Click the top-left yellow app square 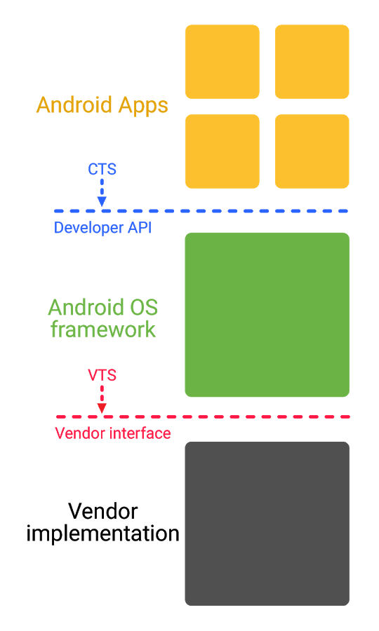click(x=222, y=62)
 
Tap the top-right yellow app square click(x=312, y=62)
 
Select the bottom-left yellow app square click(x=222, y=151)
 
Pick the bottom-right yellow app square click(x=312, y=151)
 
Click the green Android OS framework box click(x=267, y=315)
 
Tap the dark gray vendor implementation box click(x=267, y=524)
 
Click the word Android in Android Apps click(x=74, y=105)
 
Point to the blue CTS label click(x=102, y=169)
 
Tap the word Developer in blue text click(x=88, y=228)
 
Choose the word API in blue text click(x=140, y=227)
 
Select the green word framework click(x=102, y=330)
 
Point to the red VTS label click(x=102, y=375)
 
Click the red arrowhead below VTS click(x=102, y=407)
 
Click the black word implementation click(x=102, y=534)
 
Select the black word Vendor click(x=102, y=512)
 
